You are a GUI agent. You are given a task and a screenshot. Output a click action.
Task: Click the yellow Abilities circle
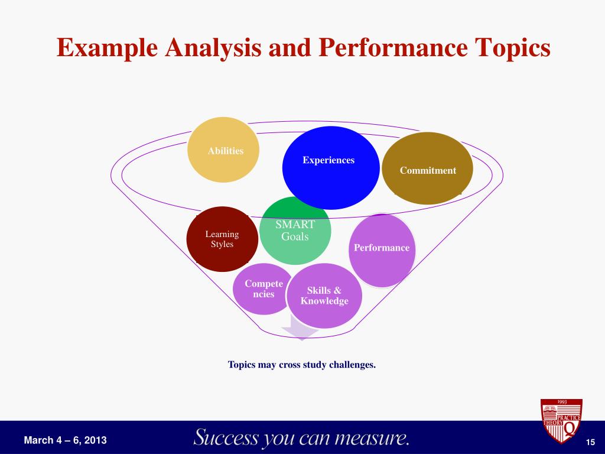(225, 150)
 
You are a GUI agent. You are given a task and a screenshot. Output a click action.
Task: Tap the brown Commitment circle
(428, 168)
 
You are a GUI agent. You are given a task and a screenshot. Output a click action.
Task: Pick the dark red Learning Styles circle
(222, 239)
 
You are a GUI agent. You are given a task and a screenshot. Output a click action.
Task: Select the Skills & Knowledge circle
(324, 296)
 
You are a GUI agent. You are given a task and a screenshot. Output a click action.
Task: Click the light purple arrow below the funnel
(300, 329)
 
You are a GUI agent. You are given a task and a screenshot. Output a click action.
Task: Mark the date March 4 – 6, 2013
(66, 440)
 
